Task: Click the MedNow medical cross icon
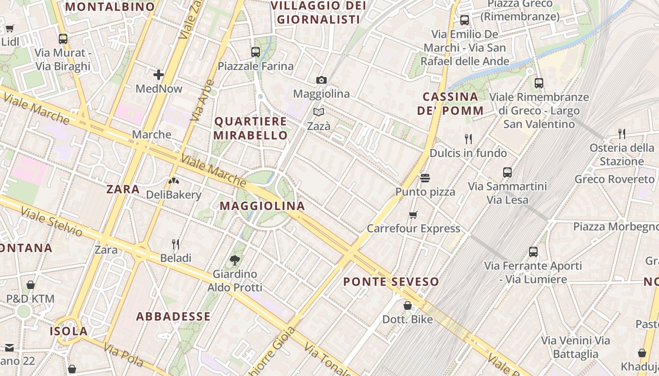(159, 75)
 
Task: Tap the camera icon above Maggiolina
(321, 80)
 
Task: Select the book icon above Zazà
(319, 112)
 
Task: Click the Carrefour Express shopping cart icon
(413, 215)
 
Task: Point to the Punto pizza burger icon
(425, 178)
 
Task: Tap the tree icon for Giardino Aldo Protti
(234, 260)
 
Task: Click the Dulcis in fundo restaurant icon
(468, 139)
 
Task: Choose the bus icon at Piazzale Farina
(256, 52)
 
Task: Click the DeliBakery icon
(173, 180)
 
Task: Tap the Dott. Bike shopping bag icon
(408, 305)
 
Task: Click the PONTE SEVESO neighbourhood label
(391, 282)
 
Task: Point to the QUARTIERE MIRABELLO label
(250, 128)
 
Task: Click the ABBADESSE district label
(173, 316)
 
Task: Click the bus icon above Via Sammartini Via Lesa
(507, 172)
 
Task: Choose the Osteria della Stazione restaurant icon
(622, 134)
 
